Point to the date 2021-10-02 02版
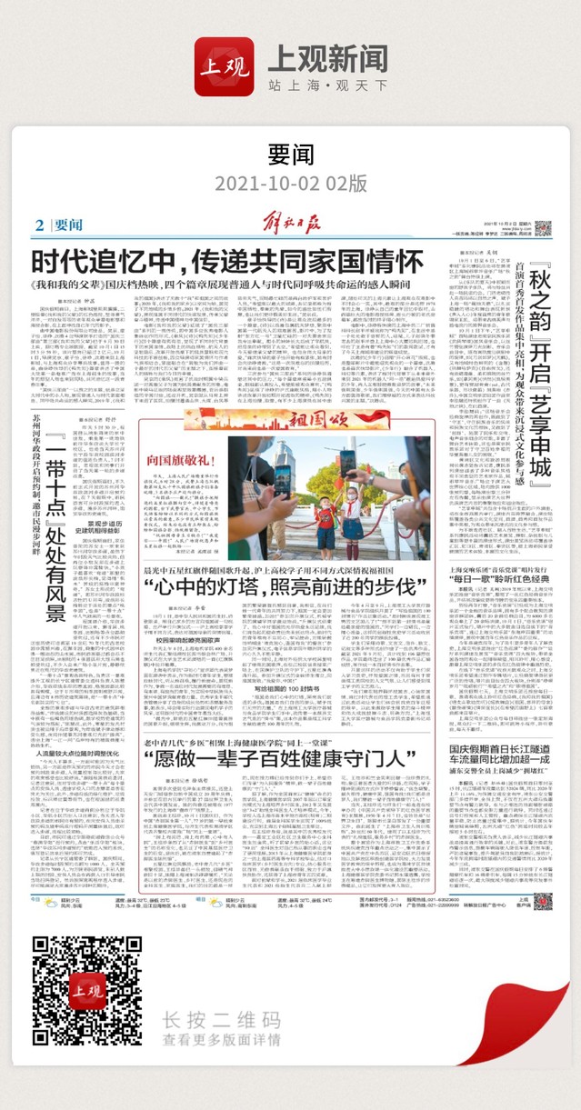tap(290, 182)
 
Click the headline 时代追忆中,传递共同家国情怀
tap(227, 262)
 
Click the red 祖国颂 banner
tap(289, 420)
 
